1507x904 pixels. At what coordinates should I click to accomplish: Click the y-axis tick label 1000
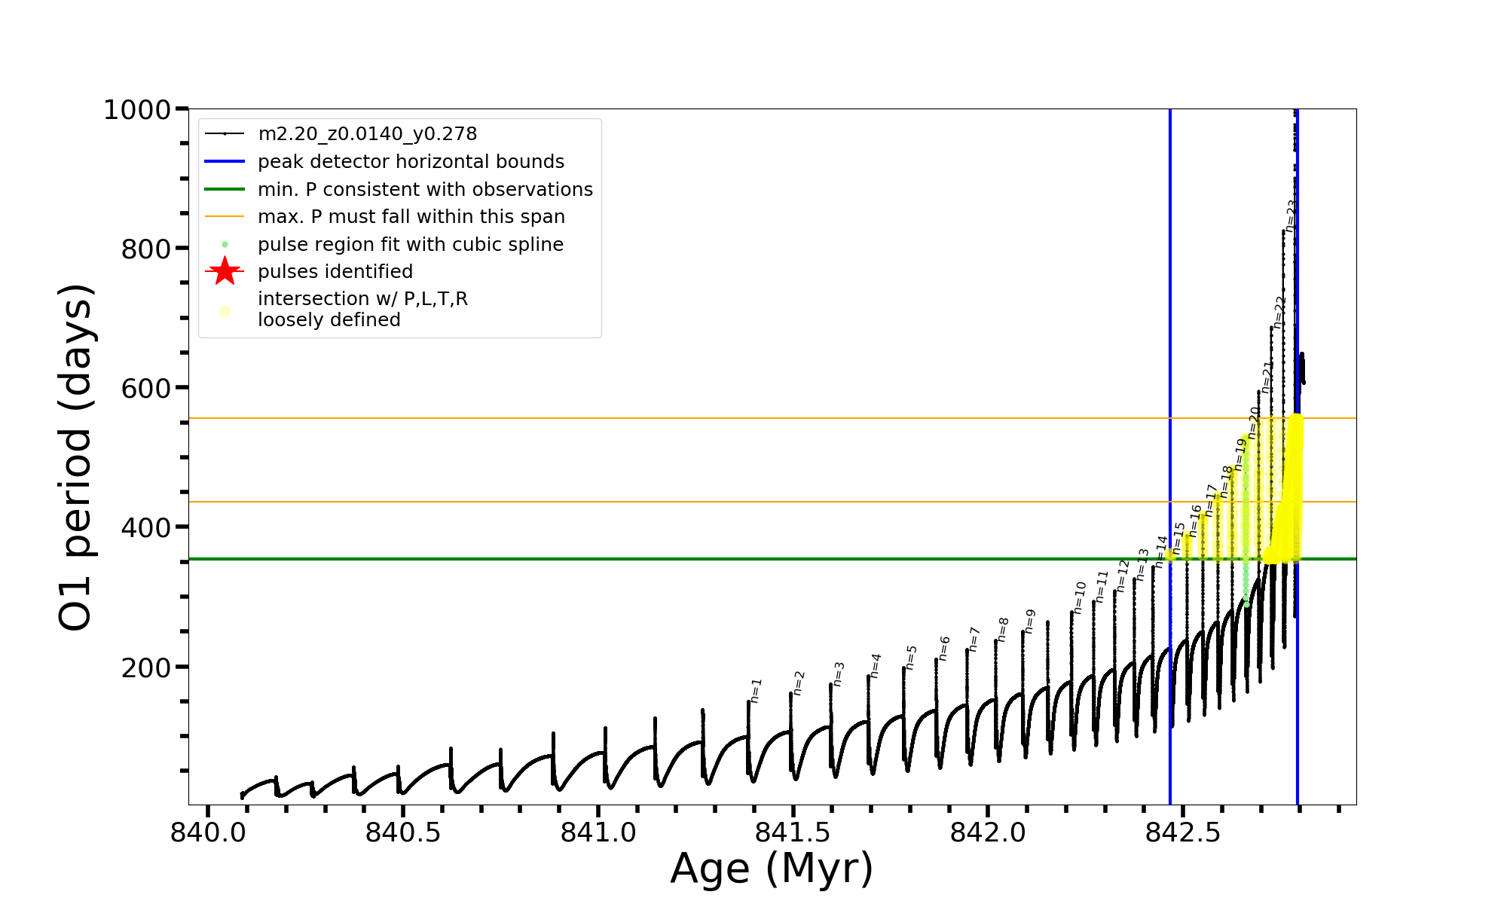[136, 110]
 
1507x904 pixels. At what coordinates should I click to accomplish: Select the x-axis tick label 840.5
[402, 832]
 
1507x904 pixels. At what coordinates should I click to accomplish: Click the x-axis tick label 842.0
[987, 832]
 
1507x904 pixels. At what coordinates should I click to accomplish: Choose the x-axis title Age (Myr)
[772, 869]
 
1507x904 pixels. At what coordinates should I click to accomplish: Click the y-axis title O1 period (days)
[75, 457]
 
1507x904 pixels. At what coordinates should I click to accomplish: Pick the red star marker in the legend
[225, 271]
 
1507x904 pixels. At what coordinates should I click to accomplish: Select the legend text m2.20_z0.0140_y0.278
[367, 134]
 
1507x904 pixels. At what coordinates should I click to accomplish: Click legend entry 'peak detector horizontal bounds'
[411, 162]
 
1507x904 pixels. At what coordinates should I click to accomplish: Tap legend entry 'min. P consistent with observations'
[425, 190]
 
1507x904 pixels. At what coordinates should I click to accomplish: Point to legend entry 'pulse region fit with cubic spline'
[410, 245]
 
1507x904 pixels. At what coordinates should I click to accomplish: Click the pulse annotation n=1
[757, 690]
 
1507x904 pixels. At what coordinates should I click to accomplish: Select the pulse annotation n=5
[912, 657]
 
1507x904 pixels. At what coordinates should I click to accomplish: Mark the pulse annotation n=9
[1030, 621]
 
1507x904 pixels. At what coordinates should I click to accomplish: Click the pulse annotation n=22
[1279, 311]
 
